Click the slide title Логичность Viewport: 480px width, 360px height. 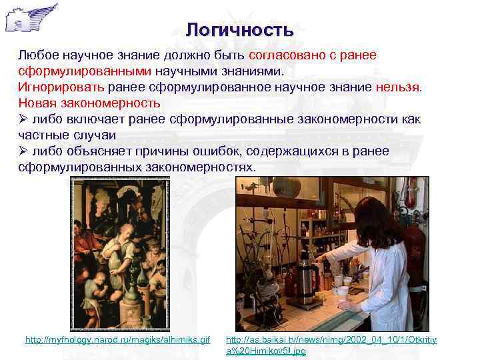click(239, 30)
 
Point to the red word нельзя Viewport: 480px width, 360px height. click(398, 87)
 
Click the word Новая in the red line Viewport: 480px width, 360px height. click(39, 103)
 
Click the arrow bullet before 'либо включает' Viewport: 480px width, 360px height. click(23, 119)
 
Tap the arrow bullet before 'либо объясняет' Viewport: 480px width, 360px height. click(23, 151)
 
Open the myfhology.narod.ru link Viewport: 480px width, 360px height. click(117, 340)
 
